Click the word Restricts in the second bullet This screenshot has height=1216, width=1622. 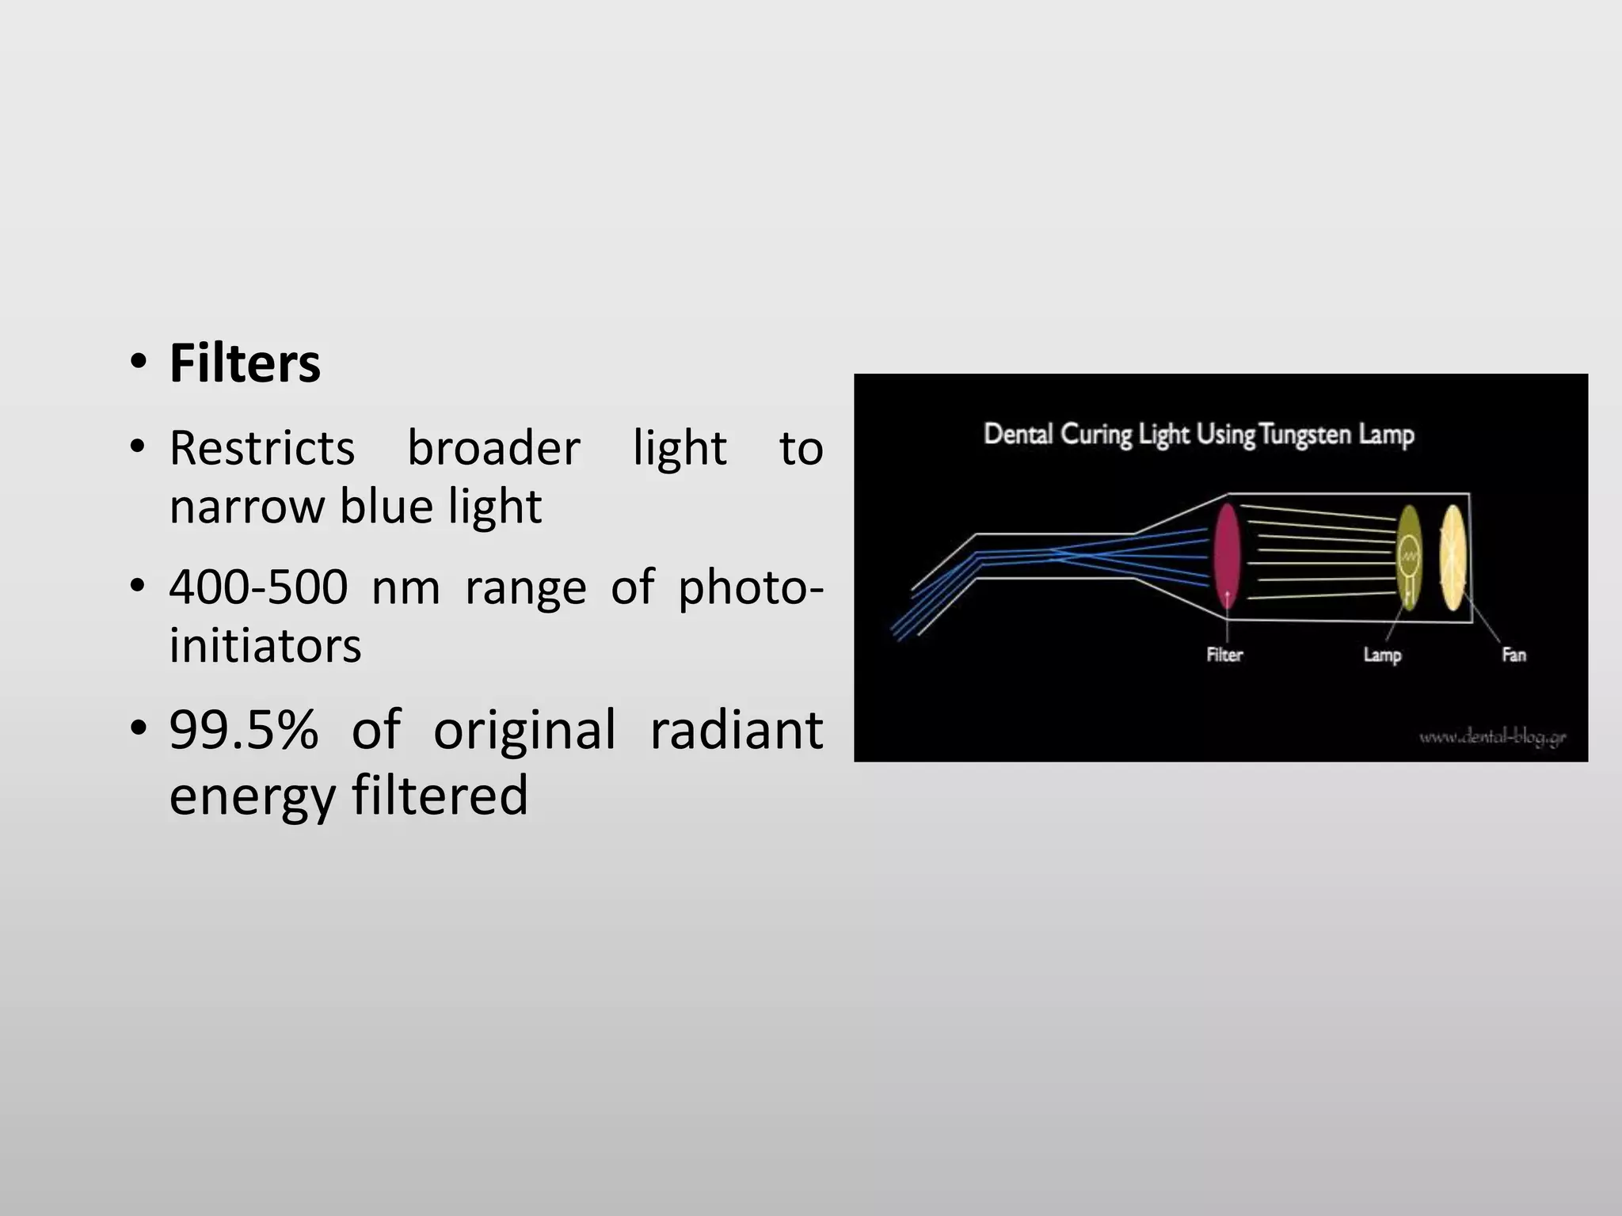[x=262, y=448]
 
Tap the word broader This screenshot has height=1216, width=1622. [x=493, y=448]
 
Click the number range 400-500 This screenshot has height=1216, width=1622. [x=258, y=587]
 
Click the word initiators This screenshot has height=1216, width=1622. [x=265, y=644]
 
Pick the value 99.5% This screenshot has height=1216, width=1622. [x=243, y=729]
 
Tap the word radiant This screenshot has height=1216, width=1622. [x=736, y=729]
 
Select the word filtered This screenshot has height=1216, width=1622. [x=440, y=795]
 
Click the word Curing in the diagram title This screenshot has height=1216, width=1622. [x=1096, y=435]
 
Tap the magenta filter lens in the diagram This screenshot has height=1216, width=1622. [x=1226, y=557]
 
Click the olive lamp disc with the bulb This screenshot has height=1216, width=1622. [x=1408, y=557]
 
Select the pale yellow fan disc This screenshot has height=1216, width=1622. [x=1453, y=557]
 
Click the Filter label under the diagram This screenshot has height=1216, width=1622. [x=1224, y=655]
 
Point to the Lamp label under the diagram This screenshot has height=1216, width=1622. [x=1382, y=655]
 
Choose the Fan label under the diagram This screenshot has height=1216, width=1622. [x=1513, y=655]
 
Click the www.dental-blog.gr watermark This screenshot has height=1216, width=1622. [x=1492, y=738]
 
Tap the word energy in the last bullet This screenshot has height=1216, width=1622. [x=253, y=796]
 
